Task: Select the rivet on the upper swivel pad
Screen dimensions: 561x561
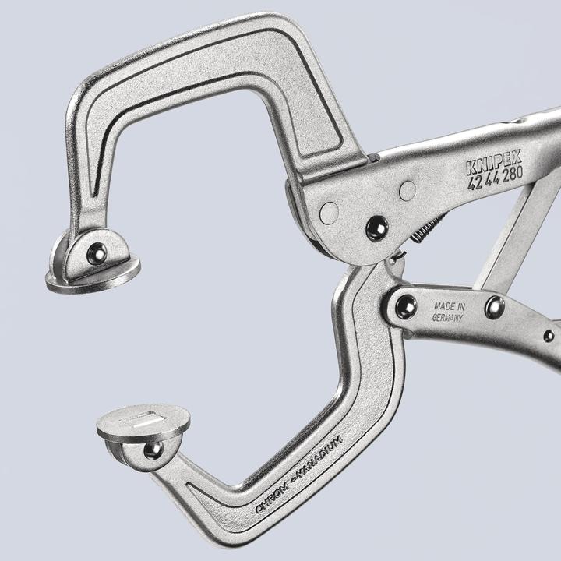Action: coord(97,252)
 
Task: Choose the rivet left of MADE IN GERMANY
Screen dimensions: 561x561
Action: coord(405,305)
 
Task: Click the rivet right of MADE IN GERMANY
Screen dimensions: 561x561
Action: coord(494,305)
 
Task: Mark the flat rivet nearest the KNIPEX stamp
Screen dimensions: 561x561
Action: coord(407,190)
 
